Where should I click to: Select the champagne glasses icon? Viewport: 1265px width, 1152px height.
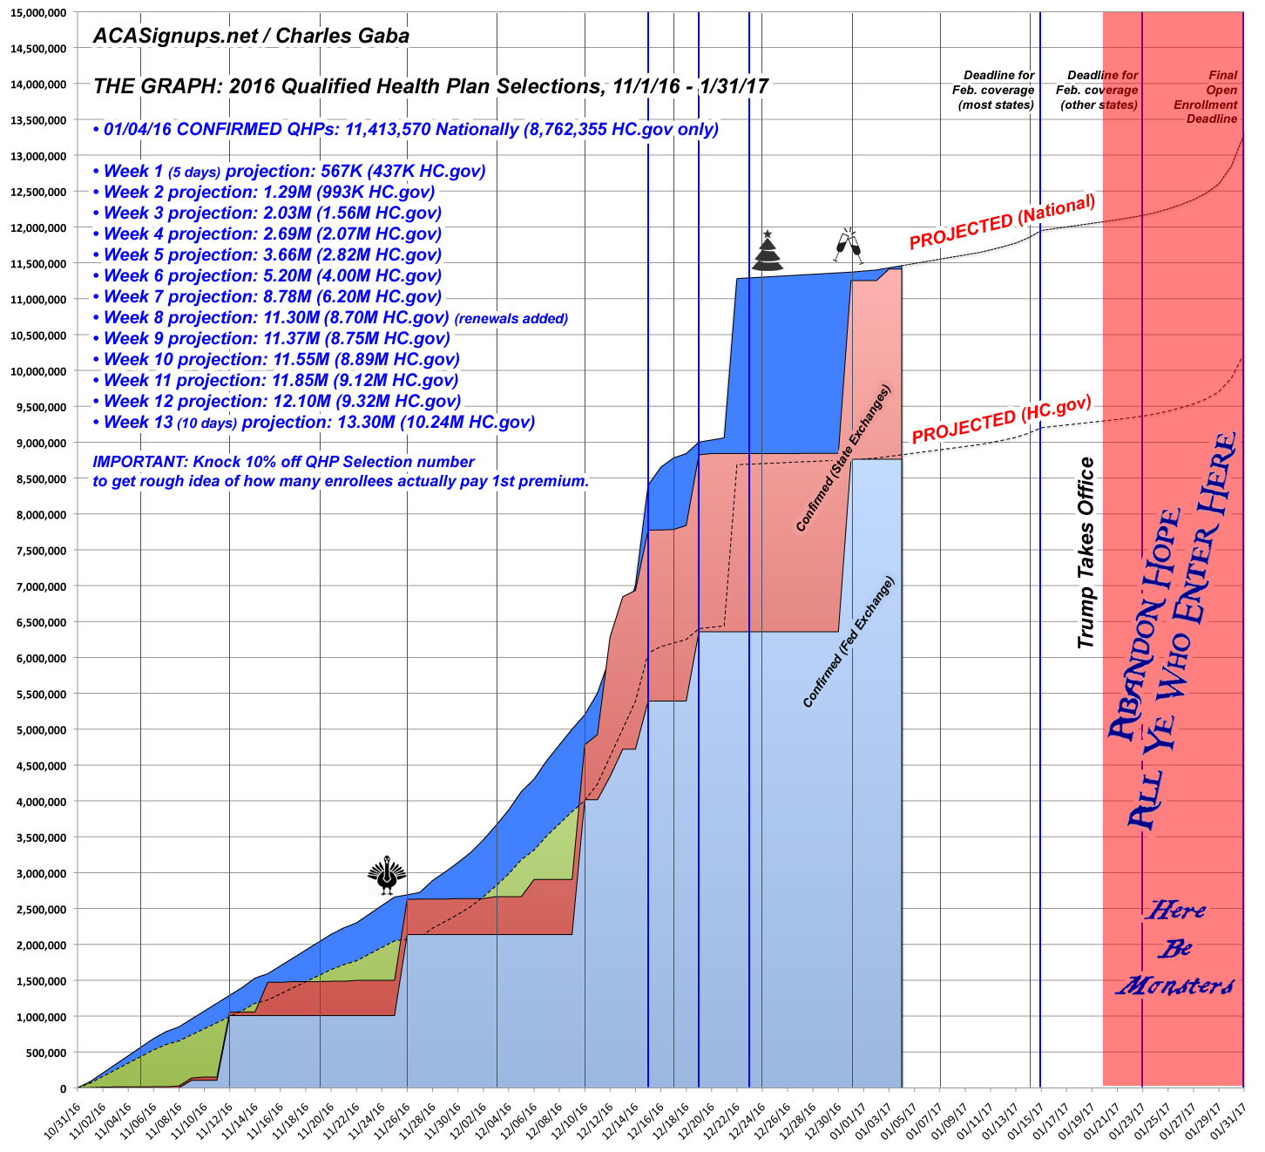coord(846,247)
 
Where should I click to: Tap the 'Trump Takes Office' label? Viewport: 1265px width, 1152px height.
coord(1086,552)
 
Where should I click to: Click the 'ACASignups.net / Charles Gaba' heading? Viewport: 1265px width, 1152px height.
coord(251,36)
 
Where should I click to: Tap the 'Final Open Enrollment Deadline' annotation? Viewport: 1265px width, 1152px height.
coord(1210,97)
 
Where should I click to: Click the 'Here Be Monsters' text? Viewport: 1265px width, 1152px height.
coord(1175,948)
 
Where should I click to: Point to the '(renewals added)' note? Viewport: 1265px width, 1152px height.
coord(511,319)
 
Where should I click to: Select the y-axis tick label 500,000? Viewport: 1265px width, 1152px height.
coord(40,1053)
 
